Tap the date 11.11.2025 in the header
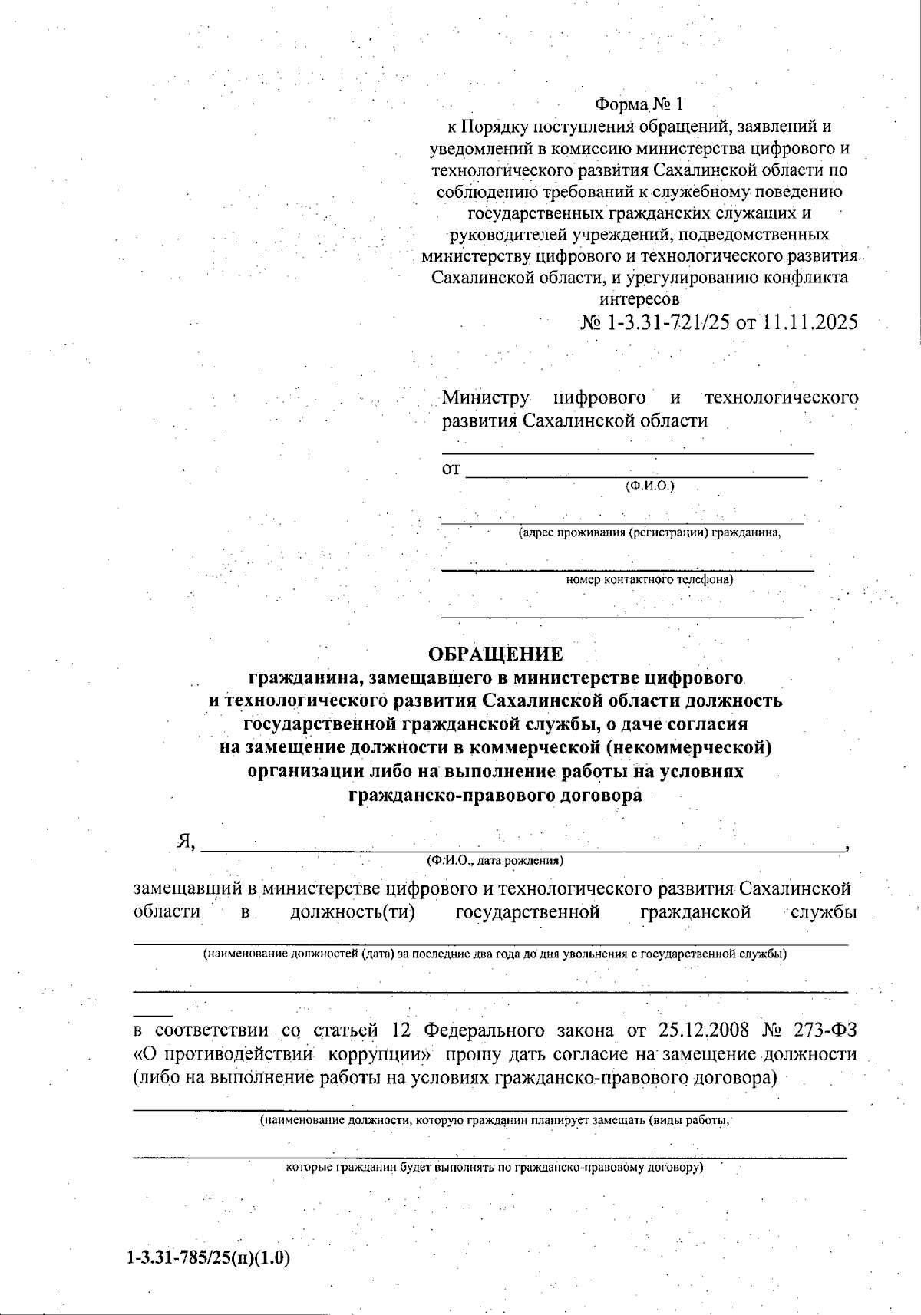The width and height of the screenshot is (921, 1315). (810, 323)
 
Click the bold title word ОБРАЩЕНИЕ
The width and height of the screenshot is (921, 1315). (495, 654)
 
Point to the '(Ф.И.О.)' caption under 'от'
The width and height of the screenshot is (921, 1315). (649, 486)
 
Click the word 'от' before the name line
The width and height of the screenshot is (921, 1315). (451, 470)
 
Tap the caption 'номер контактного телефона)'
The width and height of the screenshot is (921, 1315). (649, 579)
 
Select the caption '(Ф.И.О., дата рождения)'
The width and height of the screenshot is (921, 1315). (495, 861)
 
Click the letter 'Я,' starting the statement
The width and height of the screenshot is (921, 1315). (186, 842)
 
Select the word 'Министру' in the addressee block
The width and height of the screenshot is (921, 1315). (485, 397)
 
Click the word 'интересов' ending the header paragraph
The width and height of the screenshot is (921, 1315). (639, 298)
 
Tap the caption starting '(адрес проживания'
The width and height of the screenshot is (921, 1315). (649, 532)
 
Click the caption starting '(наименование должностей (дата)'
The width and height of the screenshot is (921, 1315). (494, 954)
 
